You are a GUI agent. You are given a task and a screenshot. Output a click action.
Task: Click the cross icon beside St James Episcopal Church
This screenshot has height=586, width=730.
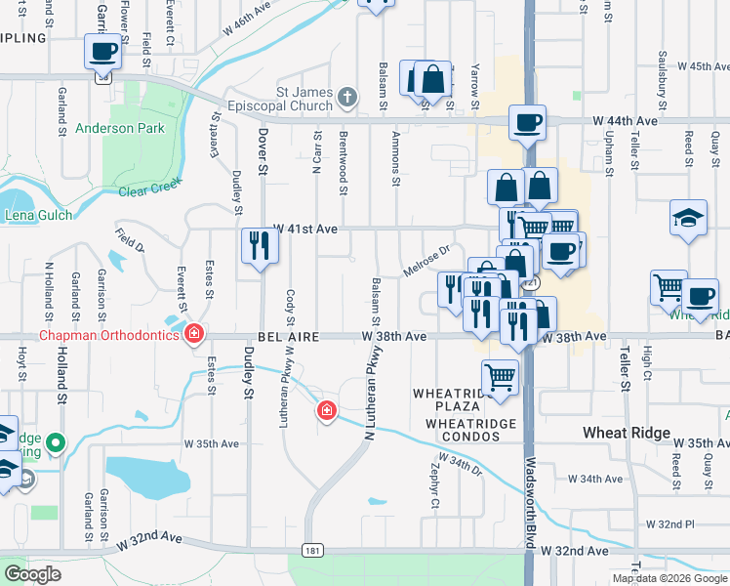(346, 95)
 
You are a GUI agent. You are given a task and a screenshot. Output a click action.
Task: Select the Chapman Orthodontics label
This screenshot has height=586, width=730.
(109, 335)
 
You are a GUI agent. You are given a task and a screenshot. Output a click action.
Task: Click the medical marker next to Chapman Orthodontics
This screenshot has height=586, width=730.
(194, 334)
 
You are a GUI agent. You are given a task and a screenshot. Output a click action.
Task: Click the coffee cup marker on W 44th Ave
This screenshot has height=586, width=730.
(527, 122)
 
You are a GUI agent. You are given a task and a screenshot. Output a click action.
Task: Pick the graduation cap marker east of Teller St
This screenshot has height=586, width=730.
(688, 218)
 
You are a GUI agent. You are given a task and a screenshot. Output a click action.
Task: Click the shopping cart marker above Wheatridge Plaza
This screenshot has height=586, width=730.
(500, 376)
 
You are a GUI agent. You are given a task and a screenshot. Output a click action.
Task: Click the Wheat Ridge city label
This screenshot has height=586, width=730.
(626, 433)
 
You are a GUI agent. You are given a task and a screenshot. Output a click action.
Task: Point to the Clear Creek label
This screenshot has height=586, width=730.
(152, 185)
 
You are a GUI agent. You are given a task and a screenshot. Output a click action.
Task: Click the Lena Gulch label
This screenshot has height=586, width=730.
(39, 215)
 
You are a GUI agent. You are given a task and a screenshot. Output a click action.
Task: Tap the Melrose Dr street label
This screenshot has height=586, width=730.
(426, 260)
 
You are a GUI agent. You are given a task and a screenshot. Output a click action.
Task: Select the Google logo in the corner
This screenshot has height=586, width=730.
(33, 574)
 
